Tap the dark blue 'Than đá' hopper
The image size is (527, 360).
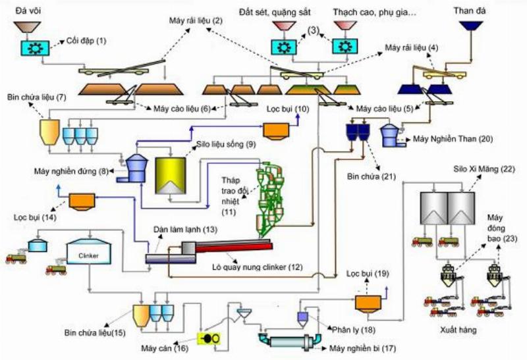[x=472, y=27]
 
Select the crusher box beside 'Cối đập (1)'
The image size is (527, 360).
[x=32, y=47]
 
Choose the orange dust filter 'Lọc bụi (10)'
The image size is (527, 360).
[x=278, y=130]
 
